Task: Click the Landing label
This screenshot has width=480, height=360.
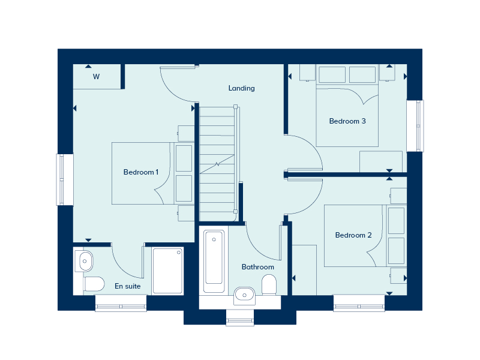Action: point(241,88)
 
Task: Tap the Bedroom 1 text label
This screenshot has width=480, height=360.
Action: point(140,172)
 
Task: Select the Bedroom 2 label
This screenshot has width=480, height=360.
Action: point(353,235)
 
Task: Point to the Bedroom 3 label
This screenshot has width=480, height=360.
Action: point(347,121)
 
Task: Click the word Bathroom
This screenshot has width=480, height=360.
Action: point(257,267)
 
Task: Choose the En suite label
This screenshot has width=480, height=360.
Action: point(127,286)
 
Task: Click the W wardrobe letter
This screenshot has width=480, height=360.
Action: point(96,77)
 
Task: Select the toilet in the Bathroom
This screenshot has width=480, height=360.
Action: point(269,285)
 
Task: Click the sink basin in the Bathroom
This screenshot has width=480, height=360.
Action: point(244,293)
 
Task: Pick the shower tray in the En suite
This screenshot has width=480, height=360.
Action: point(167,271)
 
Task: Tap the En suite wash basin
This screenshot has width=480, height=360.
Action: point(86,260)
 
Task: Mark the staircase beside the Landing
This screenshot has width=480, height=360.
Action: point(217,159)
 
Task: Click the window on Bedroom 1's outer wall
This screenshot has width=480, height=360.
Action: point(64,179)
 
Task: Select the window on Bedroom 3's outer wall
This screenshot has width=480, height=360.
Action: point(415,126)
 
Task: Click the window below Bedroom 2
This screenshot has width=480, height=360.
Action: point(359,307)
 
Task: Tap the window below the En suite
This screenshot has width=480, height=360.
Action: point(121,307)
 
